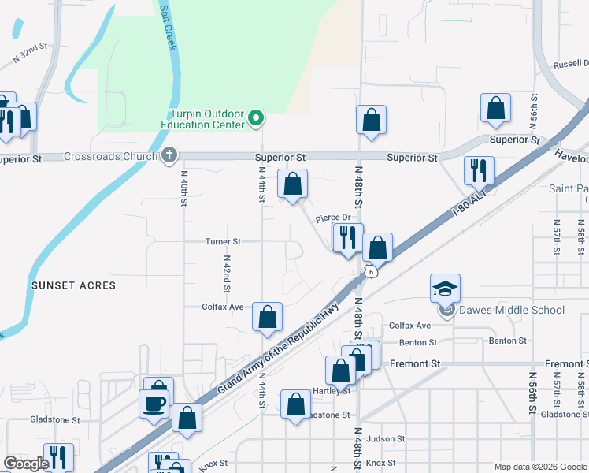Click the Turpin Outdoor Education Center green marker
pyautogui.click(x=255, y=119)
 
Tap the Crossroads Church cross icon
pyautogui.click(x=169, y=155)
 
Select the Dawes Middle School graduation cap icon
pyautogui.click(x=445, y=289)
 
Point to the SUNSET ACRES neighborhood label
pyautogui.click(x=73, y=285)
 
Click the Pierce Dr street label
pyautogui.click(x=332, y=218)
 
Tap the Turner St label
pyautogui.click(x=223, y=241)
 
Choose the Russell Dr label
pyautogui.click(x=571, y=64)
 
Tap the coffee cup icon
pyautogui.click(x=154, y=404)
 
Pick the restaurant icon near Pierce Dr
pyautogui.click(x=348, y=236)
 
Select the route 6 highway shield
pyautogui.click(x=369, y=271)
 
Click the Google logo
pyautogui.click(x=25, y=464)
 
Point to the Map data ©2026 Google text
pyautogui.click(x=539, y=467)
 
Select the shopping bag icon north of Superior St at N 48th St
pyautogui.click(x=371, y=121)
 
